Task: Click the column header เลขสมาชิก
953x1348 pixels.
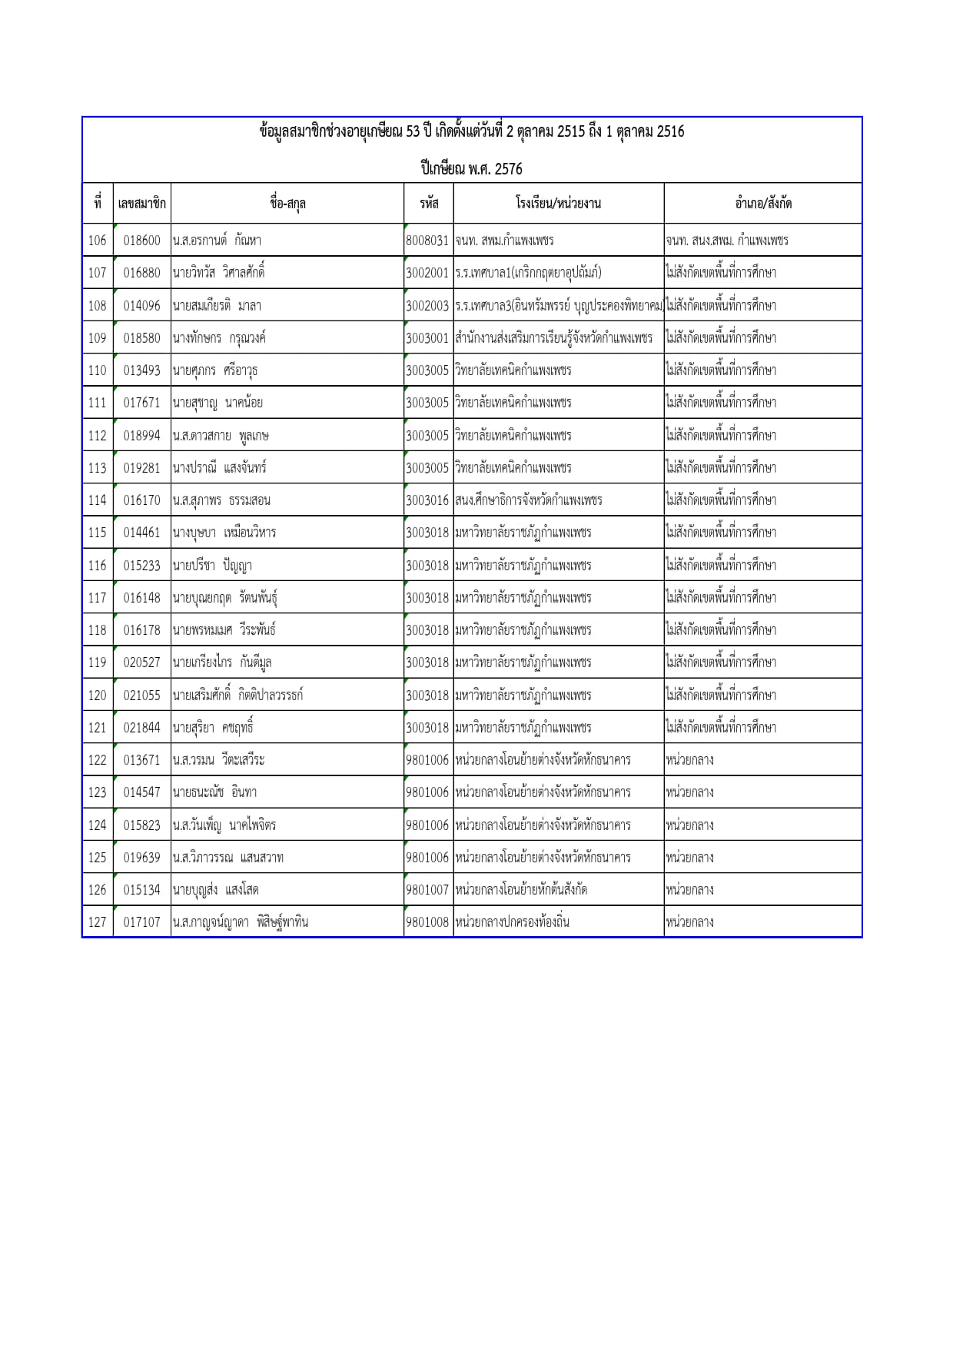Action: (141, 204)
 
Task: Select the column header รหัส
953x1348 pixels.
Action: (429, 204)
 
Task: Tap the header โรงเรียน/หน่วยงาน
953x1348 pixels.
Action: (558, 204)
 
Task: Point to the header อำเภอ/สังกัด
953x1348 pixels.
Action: (762, 204)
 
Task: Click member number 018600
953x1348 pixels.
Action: (142, 241)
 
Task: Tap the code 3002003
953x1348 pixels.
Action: (427, 306)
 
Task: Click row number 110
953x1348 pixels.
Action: (98, 370)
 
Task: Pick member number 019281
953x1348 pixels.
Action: (142, 468)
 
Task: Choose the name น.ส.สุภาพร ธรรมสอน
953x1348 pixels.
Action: (221, 500)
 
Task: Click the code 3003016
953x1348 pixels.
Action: (427, 500)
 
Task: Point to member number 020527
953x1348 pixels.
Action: (142, 662)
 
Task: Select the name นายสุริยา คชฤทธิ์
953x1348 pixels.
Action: (213, 728)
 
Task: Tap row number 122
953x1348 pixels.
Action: (98, 760)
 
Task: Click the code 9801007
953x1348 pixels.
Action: (427, 890)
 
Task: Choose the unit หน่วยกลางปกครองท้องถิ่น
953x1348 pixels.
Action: (512, 922)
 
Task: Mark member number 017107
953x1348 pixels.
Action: (142, 922)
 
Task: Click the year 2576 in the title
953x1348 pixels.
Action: (508, 169)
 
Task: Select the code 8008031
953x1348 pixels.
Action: (427, 241)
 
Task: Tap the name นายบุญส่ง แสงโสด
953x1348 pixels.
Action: (215, 890)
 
